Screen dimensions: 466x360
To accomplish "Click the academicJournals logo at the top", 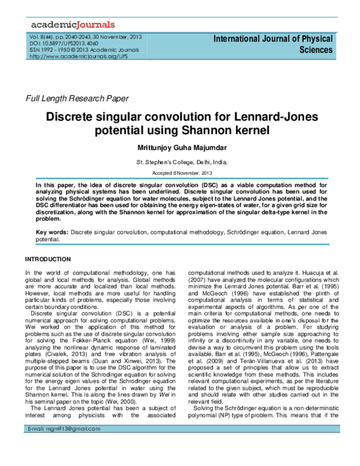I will (x=73, y=25).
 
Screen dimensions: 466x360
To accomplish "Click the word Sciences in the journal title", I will (x=316, y=50).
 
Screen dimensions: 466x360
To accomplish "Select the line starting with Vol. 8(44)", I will (x=85, y=37).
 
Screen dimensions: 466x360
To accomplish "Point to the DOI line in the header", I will (x=64, y=43).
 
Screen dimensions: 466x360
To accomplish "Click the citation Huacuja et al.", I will (x=319, y=273).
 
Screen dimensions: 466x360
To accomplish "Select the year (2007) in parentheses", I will (x=197, y=280).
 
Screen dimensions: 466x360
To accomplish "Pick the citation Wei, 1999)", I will (x=159, y=340).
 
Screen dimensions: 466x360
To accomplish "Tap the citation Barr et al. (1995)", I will (x=237, y=354).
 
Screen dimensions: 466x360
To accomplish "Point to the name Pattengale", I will (x=325, y=354).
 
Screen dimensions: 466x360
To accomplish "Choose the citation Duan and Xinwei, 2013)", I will (x=128, y=362).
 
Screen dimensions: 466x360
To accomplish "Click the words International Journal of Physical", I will (x=273, y=39).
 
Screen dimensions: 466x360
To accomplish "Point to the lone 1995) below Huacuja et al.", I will (x=331, y=287).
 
